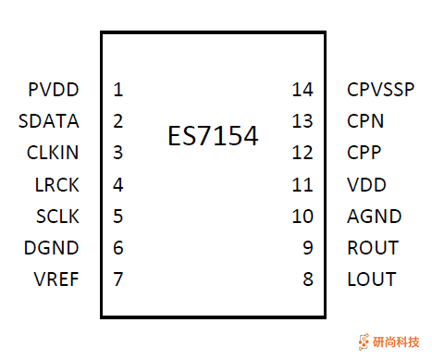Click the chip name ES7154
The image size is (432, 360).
(x=213, y=137)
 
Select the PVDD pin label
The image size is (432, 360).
(x=54, y=90)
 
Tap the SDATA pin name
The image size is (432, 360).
(x=49, y=121)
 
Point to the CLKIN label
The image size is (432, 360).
(x=53, y=153)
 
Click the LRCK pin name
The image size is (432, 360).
(x=56, y=184)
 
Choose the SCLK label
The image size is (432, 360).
(x=56, y=216)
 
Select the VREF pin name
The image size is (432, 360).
(x=56, y=279)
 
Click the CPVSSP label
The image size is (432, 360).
(x=380, y=90)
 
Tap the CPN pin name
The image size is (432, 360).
(x=365, y=121)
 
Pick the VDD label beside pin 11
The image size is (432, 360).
(x=366, y=184)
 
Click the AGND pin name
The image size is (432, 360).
(x=374, y=216)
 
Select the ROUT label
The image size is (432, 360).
(x=372, y=247)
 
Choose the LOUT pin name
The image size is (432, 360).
(x=371, y=279)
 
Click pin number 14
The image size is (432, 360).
(x=302, y=90)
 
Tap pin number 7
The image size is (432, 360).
(x=118, y=279)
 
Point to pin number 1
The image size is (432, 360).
(x=118, y=90)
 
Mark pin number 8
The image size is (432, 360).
(x=308, y=279)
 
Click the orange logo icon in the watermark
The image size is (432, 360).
(x=363, y=341)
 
